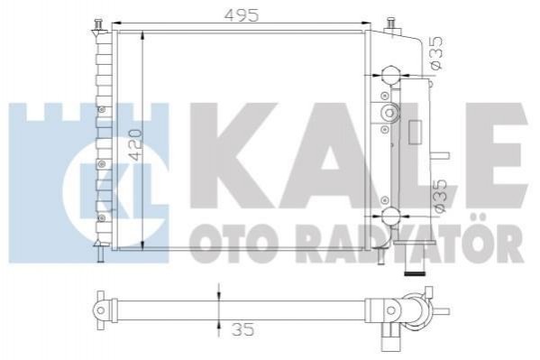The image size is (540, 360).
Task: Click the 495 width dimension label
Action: tap(241, 15)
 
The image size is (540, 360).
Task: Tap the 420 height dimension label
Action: tap(135, 145)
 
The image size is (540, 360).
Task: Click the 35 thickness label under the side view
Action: tap(243, 329)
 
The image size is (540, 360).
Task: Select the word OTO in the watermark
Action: tap(233, 244)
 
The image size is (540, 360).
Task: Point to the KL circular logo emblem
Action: tap(114, 193)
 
